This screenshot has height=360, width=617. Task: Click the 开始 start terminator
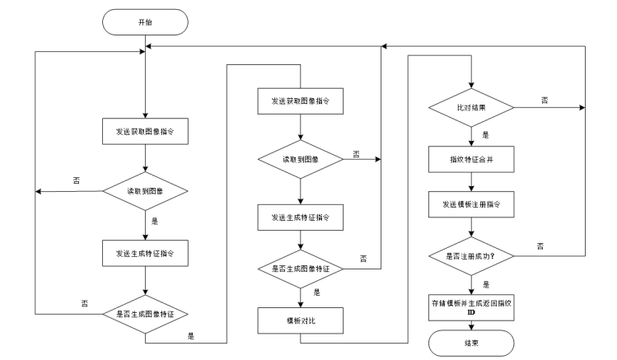[x=144, y=22]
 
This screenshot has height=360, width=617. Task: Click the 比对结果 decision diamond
[x=470, y=108]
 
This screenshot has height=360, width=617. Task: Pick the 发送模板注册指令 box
[x=470, y=203]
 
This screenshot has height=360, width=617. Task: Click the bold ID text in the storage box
[x=470, y=312]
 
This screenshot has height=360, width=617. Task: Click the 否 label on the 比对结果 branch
[x=544, y=100]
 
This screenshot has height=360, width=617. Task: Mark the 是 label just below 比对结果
[x=483, y=135]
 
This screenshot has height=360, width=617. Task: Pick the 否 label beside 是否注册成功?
[x=540, y=245]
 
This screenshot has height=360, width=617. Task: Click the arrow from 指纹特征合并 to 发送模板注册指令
[x=470, y=182]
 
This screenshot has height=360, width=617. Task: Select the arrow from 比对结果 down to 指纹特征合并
[x=470, y=137]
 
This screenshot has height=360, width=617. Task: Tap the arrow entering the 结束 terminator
[x=470, y=324]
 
